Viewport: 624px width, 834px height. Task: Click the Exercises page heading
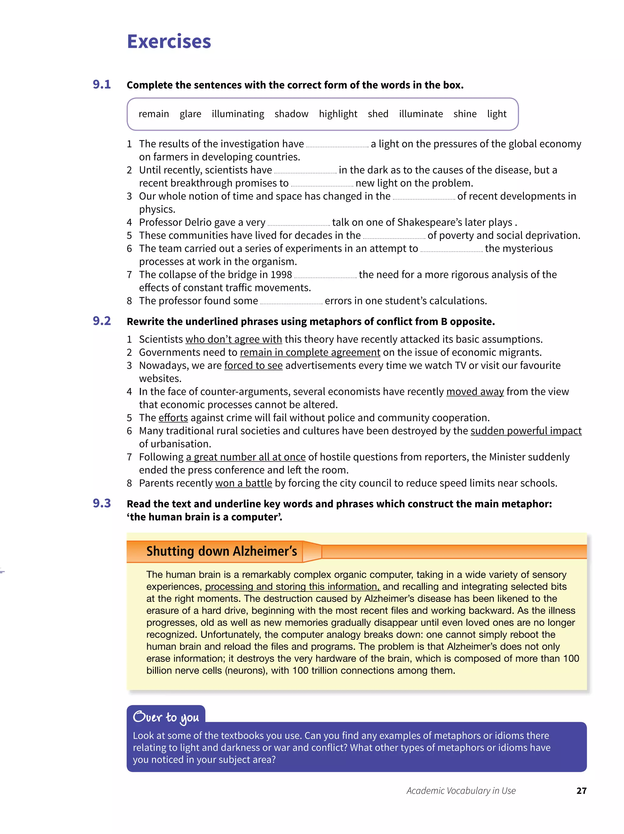(168, 41)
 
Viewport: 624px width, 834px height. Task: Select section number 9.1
(102, 84)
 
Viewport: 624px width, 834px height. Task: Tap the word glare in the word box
(190, 114)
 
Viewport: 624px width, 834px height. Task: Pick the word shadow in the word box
(291, 114)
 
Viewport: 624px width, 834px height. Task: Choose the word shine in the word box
(465, 114)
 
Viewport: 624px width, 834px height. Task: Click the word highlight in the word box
(338, 114)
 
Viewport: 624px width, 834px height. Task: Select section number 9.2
(102, 321)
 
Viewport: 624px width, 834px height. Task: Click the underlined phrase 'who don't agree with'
(233, 339)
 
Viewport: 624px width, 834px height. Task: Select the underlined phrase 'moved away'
(475, 392)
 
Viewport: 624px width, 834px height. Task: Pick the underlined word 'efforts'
(173, 418)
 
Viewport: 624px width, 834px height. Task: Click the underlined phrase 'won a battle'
(243, 483)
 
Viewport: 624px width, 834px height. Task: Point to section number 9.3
(102, 503)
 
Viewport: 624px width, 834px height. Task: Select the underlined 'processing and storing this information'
(292, 587)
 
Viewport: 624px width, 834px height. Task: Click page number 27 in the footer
(581, 791)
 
